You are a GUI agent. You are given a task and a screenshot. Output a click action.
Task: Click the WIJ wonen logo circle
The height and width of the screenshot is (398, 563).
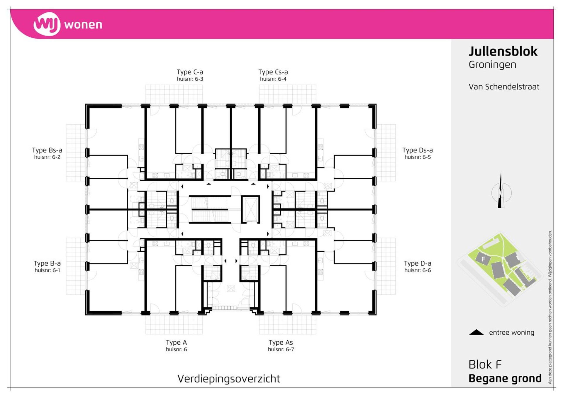(47, 24)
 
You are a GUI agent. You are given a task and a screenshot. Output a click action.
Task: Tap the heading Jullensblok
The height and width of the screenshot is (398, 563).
(503, 52)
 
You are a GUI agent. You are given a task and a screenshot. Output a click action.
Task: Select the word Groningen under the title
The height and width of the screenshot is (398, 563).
(492, 65)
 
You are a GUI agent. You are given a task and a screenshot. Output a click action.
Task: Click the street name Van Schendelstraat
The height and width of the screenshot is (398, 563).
(504, 87)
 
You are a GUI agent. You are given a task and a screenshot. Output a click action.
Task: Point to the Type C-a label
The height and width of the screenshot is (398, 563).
(190, 72)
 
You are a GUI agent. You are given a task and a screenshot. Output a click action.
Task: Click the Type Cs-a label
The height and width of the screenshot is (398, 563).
(273, 72)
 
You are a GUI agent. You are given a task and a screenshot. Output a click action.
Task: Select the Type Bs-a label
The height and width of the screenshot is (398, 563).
(47, 150)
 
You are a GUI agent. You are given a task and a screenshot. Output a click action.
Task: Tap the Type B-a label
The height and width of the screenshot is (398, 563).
(47, 264)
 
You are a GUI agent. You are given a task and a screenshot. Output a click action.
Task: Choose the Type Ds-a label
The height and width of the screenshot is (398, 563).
(418, 150)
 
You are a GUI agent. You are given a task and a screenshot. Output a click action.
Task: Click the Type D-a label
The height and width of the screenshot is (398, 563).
(418, 264)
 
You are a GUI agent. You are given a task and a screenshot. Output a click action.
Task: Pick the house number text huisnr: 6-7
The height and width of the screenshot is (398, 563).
(281, 349)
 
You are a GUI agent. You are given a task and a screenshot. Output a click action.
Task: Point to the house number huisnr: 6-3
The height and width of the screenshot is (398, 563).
(190, 79)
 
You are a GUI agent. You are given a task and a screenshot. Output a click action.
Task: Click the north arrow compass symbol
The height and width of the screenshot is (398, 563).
(501, 191)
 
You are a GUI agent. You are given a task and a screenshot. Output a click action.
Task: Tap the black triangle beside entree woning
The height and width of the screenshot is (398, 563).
(476, 332)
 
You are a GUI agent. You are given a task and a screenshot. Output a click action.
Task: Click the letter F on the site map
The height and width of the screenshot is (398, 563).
(483, 259)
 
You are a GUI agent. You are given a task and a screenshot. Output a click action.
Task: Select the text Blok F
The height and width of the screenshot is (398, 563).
(485, 365)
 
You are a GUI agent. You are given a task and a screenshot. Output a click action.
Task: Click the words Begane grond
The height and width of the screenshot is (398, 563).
(505, 379)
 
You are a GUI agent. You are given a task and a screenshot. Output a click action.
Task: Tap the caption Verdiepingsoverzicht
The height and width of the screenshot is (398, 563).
(229, 379)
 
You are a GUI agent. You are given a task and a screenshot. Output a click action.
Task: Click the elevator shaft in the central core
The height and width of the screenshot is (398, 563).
(250, 209)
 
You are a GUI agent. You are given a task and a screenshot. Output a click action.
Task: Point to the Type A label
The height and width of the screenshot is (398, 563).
(176, 343)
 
